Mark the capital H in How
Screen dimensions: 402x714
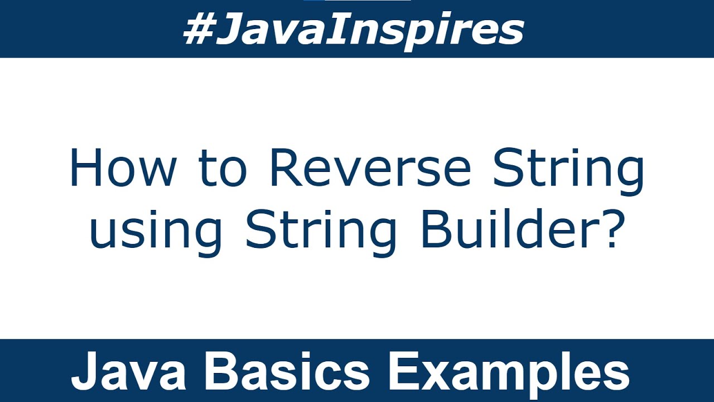point(85,168)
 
